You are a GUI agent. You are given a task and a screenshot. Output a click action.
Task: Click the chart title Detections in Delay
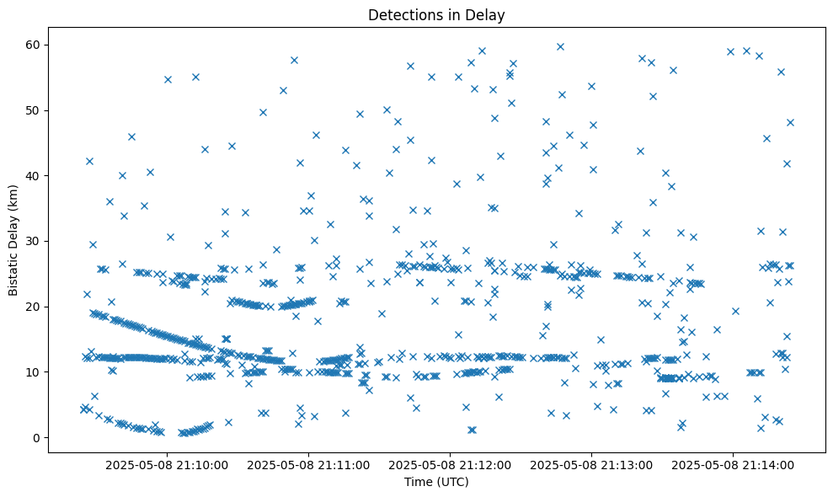click(x=436, y=14)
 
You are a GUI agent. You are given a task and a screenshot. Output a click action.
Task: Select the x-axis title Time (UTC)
click(x=436, y=483)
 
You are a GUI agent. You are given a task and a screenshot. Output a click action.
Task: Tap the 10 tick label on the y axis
click(x=34, y=371)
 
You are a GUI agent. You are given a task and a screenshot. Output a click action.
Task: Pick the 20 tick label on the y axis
click(x=34, y=307)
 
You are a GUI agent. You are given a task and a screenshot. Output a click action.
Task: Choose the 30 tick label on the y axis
click(x=34, y=241)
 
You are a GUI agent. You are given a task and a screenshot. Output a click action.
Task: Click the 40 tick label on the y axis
click(x=34, y=175)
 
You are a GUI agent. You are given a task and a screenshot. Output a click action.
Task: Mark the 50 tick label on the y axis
click(x=34, y=110)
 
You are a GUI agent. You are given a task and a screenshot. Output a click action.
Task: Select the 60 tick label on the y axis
click(x=34, y=45)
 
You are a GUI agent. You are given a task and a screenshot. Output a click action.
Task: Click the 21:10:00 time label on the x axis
click(x=167, y=464)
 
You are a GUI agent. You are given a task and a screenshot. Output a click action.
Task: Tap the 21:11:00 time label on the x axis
click(x=308, y=464)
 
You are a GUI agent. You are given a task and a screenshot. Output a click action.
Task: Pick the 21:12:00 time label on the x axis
click(x=450, y=464)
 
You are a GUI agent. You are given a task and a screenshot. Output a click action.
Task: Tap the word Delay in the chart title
click(x=488, y=14)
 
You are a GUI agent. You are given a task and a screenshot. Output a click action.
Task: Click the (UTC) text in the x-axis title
click(x=453, y=483)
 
